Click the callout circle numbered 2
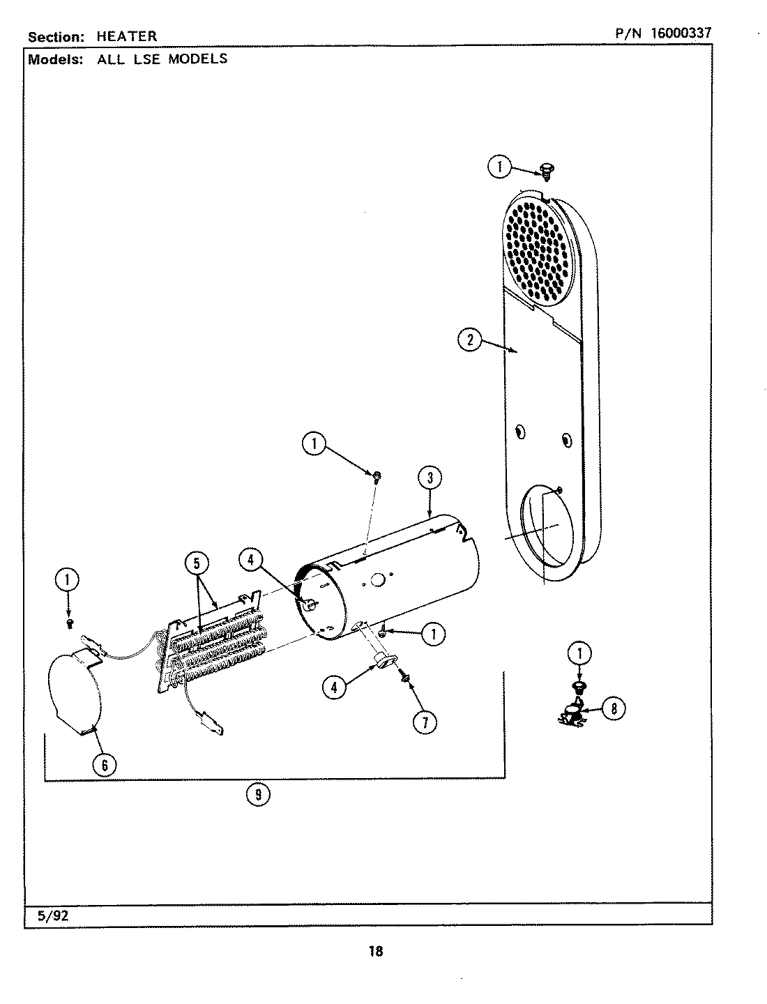[470, 341]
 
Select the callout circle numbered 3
[430, 478]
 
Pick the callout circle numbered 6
[104, 765]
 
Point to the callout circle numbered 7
[425, 722]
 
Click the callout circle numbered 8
[613, 709]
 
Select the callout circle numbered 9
[258, 794]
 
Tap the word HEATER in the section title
[127, 36]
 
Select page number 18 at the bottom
[375, 951]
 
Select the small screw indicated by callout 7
[404, 676]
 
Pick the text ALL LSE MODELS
[162, 59]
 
